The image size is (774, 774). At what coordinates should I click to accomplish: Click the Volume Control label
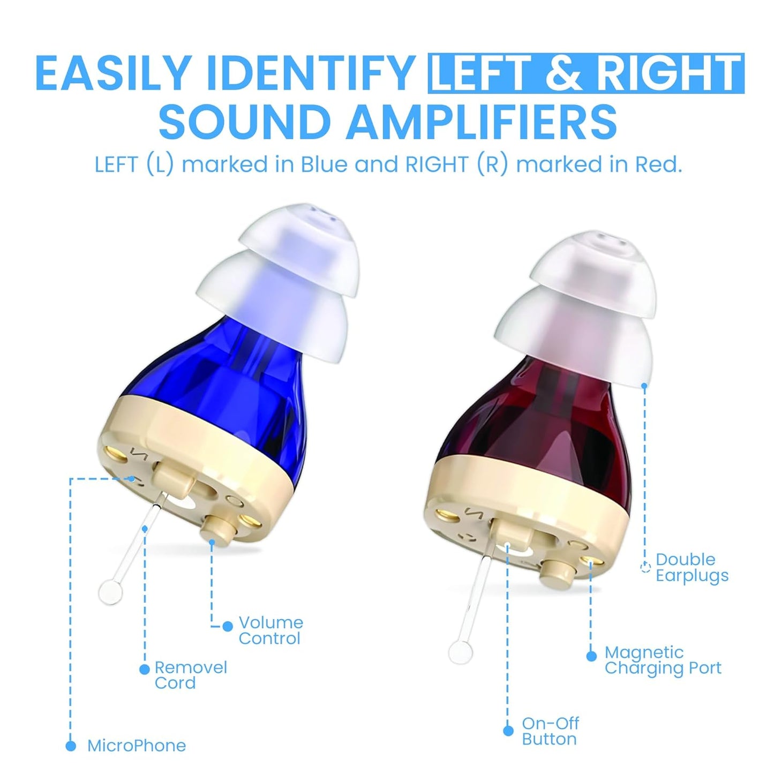click(x=270, y=630)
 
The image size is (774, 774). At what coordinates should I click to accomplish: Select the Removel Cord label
click(x=190, y=675)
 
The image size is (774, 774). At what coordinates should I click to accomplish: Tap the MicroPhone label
click(x=137, y=746)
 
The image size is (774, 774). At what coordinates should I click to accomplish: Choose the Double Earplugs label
click(x=692, y=567)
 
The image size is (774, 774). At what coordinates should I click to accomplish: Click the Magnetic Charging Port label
click(x=663, y=660)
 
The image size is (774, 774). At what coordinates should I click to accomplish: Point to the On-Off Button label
click(x=550, y=731)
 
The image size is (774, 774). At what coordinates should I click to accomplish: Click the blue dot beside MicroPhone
click(x=71, y=746)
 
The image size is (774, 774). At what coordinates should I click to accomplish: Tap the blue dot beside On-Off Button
click(x=508, y=731)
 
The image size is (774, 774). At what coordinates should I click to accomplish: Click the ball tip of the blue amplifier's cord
click(x=111, y=592)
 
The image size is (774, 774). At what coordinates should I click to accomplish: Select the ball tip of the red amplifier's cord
click(x=460, y=651)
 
